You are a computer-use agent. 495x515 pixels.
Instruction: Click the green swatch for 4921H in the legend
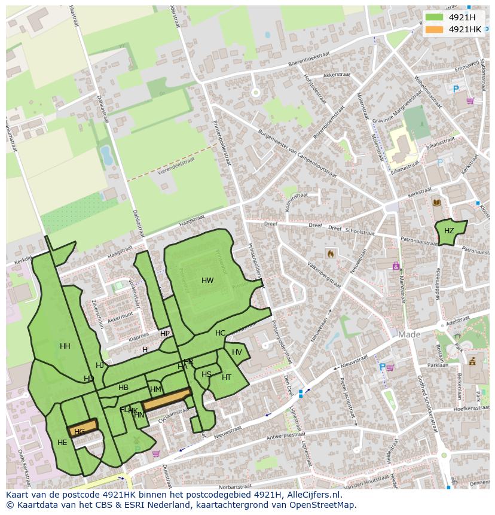(435, 17)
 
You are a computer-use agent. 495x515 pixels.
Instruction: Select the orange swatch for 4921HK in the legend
(435, 29)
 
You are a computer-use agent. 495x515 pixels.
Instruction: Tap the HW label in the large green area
(207, 281)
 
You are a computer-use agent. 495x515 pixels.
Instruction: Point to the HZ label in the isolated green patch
(449, 231)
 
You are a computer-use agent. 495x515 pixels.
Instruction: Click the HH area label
(65, 346)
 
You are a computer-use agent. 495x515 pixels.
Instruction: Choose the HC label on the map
(221, 333)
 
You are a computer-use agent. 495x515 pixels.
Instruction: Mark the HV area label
(237, 352)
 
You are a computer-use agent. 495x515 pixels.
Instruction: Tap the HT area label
(227, 377)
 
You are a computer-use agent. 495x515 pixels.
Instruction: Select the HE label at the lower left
(62, 443)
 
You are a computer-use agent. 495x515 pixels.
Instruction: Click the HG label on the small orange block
(80, 431)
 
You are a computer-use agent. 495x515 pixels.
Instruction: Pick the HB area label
(123, 388)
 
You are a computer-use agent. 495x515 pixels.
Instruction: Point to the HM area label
(155, 389)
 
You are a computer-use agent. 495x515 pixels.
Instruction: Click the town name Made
(410, 335)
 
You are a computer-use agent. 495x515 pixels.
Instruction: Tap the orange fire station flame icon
(330, 254)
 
